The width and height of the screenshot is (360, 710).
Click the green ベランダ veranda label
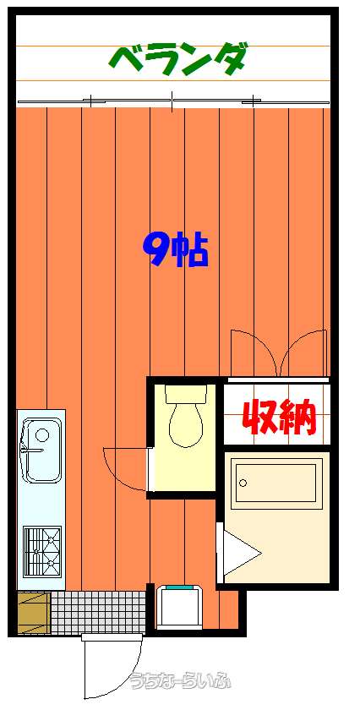click(x=178, y=60)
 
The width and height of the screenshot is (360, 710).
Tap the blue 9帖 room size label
click(x=175, y=249)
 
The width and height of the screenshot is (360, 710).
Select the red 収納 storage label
click(x=277, y=417)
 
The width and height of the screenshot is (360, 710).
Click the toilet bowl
click(x=186, y=426)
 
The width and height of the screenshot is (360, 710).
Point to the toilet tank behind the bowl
click(x=186, y=394)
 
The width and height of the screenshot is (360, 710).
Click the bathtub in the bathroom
click(x=275, y=480)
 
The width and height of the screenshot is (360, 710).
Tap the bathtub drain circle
click(x=243, y=483)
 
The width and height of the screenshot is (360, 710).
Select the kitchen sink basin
click(x=41, y=451)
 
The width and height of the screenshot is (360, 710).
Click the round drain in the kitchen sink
click(x=42, y=435)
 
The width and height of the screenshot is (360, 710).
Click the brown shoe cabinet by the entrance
click(x=34, y=613)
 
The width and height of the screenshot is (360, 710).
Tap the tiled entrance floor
click(x=98, y=613)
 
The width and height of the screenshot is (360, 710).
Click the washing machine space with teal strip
click(x=179, y=607)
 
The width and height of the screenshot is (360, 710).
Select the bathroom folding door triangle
click(x=240, y=554)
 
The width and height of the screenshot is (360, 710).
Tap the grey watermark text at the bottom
click(x=180, y=680)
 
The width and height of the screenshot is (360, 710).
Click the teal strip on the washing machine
click(x=179, y=587)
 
